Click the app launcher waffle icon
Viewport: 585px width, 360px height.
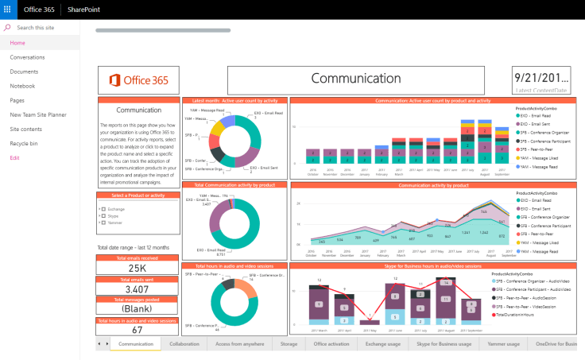click(9, 10)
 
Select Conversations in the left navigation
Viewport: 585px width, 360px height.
click(27, 57)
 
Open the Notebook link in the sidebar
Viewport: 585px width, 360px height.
click(22, 86)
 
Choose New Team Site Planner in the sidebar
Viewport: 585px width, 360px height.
click(39, 114)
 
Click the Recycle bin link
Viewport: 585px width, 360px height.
click(24, 143)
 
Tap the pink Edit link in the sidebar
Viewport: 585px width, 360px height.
click(14, 157)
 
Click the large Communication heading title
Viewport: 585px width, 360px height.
click(355, 79)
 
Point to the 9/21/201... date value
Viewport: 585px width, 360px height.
click(541, 78)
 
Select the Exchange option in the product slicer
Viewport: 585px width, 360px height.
click(116, 208)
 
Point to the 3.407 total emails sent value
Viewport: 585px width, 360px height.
click(137, 288)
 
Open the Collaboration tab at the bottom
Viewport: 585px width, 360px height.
click(184, 344)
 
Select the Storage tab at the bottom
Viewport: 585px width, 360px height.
click(289, 344)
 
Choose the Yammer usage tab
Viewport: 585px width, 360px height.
click(502, 344)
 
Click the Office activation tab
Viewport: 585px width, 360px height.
click(331, 344)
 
